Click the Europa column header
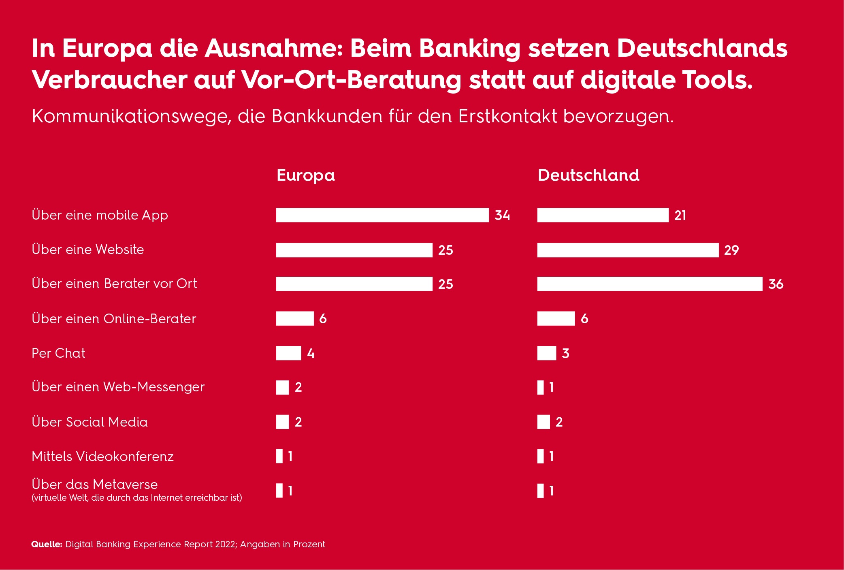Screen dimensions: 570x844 pos(306,175)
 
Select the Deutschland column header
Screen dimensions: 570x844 pos(588,175)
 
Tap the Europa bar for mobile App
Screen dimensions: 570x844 pos(382,215)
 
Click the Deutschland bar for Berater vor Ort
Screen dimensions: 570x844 pos(650,284)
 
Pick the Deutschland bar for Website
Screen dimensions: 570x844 pos(628,250)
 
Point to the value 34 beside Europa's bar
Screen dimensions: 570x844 pos(502,215)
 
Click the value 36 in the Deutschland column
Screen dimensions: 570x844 pos(776,284)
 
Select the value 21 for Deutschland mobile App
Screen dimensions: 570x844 pos(680,215)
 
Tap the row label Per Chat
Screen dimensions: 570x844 pos(58,353)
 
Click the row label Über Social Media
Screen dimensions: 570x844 pos(90,422)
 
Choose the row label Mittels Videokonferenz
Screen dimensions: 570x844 pos(102,457)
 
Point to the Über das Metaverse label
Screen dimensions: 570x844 pos(94,485)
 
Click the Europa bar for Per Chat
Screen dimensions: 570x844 pos(288,353)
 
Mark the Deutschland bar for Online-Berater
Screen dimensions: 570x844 pos(556,318)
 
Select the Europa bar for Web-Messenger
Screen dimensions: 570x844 pos(282,387)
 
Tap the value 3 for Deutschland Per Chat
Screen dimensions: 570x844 pos(565,353)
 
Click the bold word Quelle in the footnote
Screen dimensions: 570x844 pos(47,544)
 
